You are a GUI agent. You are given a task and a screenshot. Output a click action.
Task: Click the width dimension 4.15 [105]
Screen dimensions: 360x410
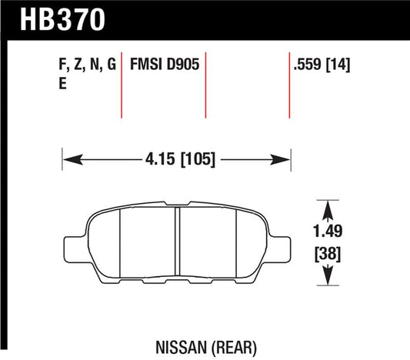(x=176, y=159)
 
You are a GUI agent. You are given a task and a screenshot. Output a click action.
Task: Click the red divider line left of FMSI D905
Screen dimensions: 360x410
(x=123, y=85)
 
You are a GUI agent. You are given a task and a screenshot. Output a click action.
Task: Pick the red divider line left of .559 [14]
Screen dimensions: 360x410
(x=288, y=85)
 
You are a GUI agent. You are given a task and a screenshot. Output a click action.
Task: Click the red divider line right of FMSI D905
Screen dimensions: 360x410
(x=206, y=85)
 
